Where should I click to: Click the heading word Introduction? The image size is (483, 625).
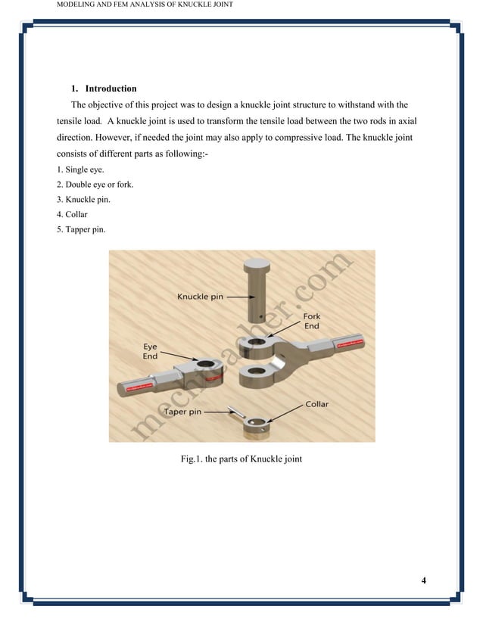(111, 89)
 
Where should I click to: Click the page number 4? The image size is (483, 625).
(423, 580)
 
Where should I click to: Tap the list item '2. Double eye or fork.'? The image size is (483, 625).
(95, 185)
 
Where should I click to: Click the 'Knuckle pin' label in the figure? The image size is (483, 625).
(201, 297)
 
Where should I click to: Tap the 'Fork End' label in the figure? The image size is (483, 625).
(311, 320)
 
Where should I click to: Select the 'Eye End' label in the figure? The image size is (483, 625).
(151, 351)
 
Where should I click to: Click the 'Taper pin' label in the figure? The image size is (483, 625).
(182, 412)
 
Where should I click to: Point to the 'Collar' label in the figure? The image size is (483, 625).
(316, 404)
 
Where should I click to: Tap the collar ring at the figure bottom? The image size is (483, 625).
(256, 426)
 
